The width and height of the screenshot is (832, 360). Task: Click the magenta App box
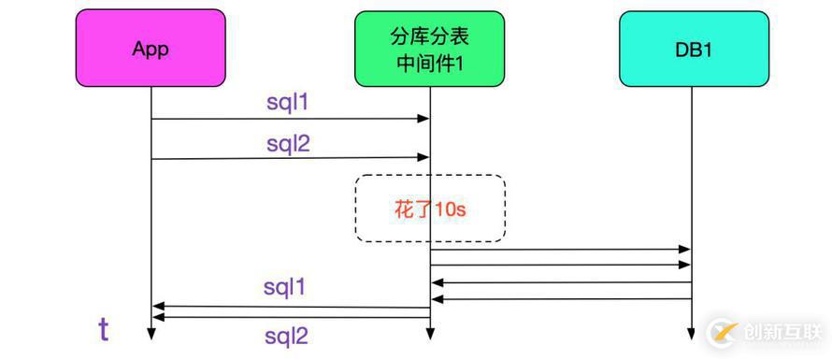151,49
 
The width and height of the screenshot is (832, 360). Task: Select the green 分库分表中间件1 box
429,49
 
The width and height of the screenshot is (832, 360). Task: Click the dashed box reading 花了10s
430,209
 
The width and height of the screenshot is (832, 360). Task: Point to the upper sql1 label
287,103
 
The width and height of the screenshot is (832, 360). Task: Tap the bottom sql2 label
285,337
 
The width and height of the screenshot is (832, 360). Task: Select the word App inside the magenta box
151,49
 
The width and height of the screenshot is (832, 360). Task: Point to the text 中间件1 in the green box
429,62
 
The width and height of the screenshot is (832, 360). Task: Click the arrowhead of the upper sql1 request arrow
424,119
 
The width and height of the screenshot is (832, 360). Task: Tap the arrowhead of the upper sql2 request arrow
424,159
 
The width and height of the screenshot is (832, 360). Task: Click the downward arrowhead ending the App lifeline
151,334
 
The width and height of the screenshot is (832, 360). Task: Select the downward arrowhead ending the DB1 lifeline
691,334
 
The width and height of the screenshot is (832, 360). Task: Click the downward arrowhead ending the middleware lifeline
430,334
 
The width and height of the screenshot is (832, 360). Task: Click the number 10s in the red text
449,209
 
